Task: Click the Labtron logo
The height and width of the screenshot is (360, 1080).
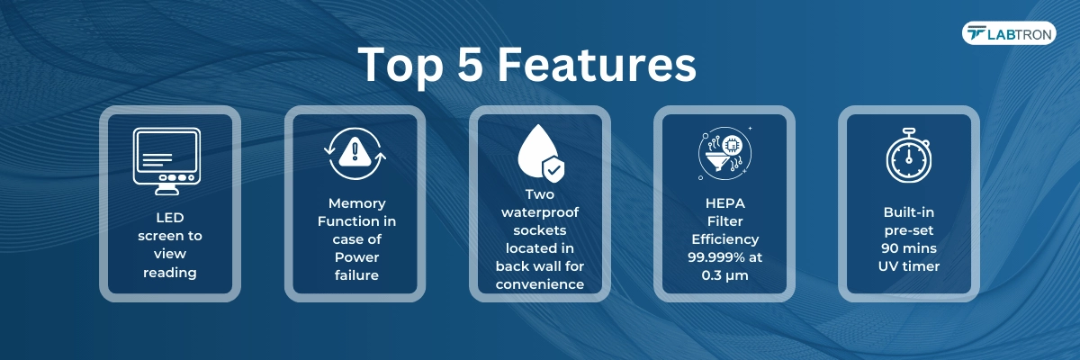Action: click(1009, 33)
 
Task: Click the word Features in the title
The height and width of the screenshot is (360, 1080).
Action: click(597, 64)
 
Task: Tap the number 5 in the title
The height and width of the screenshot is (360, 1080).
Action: click(470, 64)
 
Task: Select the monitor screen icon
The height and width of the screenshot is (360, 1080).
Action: click(166, 161)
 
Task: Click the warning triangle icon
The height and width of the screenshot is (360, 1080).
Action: click(355, 151)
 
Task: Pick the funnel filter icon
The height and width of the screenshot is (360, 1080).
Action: click(716, 160)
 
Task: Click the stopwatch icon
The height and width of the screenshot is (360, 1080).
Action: click(909, 156)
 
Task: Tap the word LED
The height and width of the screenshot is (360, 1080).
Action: click(170, 218)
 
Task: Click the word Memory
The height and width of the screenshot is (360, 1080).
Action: click(356, 204)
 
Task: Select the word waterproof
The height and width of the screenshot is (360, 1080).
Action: click(540, 212)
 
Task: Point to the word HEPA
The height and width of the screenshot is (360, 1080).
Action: click(725, 203)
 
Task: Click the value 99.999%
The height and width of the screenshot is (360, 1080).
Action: click(711, 257)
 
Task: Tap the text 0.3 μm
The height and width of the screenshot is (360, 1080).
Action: click(725, 275)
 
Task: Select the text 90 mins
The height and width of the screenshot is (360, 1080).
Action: click(909, 248)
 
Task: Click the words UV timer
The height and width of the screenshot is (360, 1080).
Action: click(909, 266)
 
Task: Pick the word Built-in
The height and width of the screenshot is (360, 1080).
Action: click(909, 212)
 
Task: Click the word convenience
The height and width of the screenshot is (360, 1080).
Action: click(540, 284)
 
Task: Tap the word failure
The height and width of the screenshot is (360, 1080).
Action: click(356, 275)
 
